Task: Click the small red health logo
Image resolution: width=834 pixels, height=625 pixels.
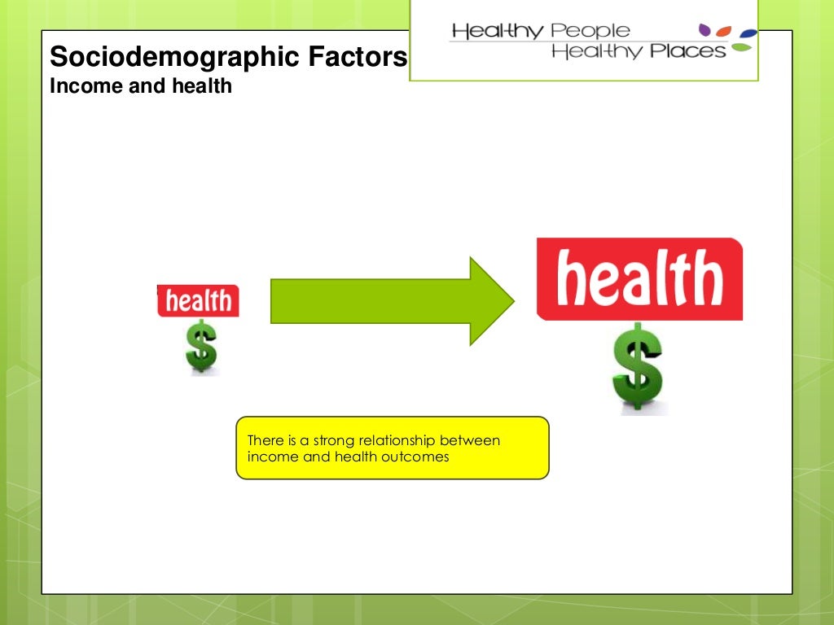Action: point(199,301)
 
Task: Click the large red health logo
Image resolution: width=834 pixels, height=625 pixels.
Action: point(640,279)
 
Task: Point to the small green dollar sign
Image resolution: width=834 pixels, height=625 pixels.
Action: point(201,346)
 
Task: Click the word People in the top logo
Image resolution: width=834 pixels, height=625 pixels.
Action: point(590,31)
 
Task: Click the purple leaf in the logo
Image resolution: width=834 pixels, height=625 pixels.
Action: point(705,30)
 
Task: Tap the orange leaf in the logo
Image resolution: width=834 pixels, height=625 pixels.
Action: point(726,32)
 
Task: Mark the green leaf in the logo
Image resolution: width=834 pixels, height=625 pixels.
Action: point(741,47)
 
